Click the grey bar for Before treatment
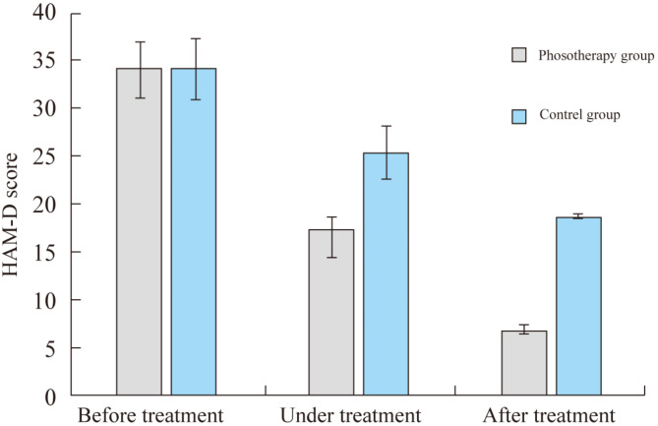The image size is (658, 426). point(139,231)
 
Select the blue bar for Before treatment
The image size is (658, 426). point(194,231)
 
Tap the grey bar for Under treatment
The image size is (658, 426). point(331,312)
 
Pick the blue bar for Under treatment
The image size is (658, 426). point(387,274)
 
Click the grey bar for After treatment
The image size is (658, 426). point(524,363)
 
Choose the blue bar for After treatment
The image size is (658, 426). point(578,306)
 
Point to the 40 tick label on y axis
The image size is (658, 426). point(44,13)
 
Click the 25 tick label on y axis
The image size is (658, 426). point(44,156)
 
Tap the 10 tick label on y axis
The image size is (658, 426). point(44,300)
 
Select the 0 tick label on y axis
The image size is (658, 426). point(50,396)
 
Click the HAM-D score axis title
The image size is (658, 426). point(10,214)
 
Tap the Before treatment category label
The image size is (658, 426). point(150,415)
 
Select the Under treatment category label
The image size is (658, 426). point(350,415)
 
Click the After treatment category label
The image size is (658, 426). point(549,415)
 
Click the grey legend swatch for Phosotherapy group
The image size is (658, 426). point(519,55)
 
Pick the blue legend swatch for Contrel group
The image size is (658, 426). point(519,116)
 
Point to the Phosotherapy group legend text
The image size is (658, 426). point(596,56)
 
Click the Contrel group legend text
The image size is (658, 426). point(579,115)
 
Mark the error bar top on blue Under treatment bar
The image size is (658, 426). point(387,126)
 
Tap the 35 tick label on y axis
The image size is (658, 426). point(44,60)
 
